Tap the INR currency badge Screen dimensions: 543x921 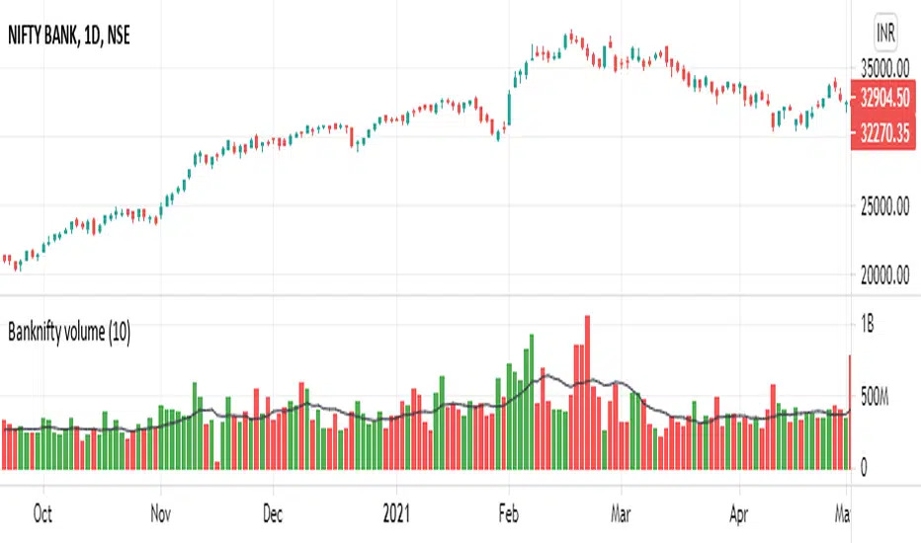(886, 34)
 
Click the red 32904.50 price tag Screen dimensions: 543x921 (886, 99)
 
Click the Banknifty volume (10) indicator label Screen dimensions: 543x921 (69, 333)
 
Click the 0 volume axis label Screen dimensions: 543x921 (866, 467)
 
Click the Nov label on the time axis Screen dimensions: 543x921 (161, 514)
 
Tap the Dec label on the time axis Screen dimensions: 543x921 (273, 514)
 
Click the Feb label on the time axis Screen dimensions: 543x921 (508, 514)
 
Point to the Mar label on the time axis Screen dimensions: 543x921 (620, 514)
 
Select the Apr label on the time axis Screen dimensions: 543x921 (737, 514)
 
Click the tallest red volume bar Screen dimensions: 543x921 (587, 395)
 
